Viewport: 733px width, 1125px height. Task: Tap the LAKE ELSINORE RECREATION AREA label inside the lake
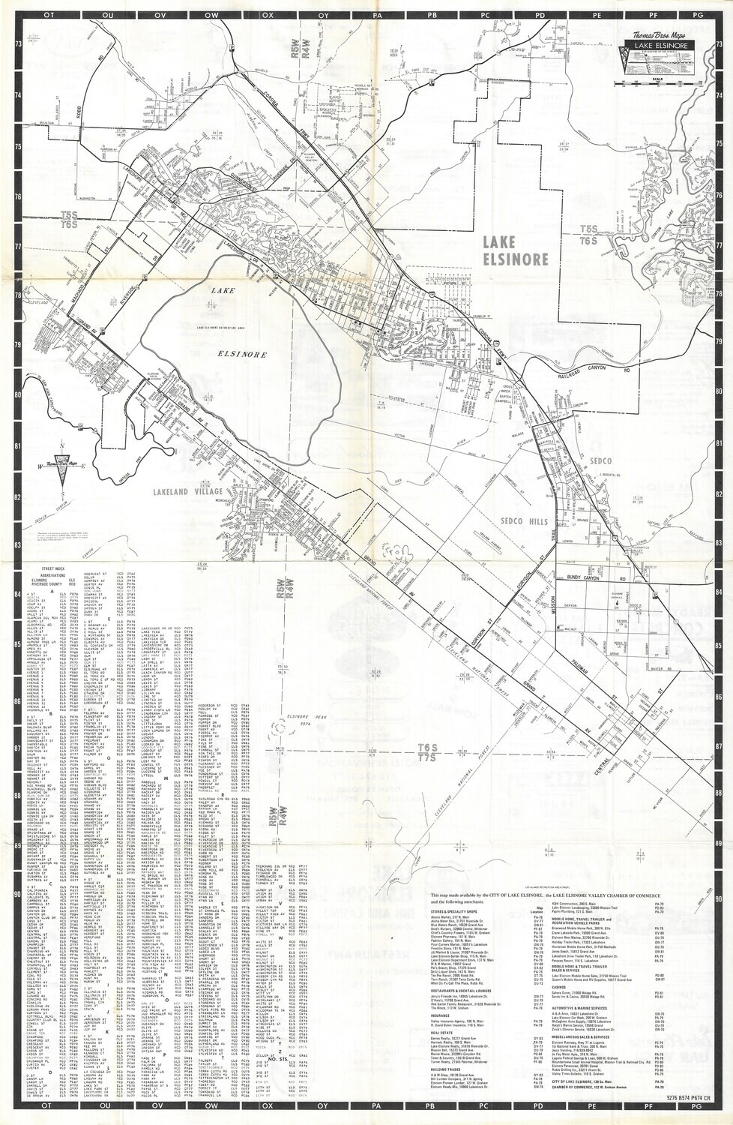[223, 328]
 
